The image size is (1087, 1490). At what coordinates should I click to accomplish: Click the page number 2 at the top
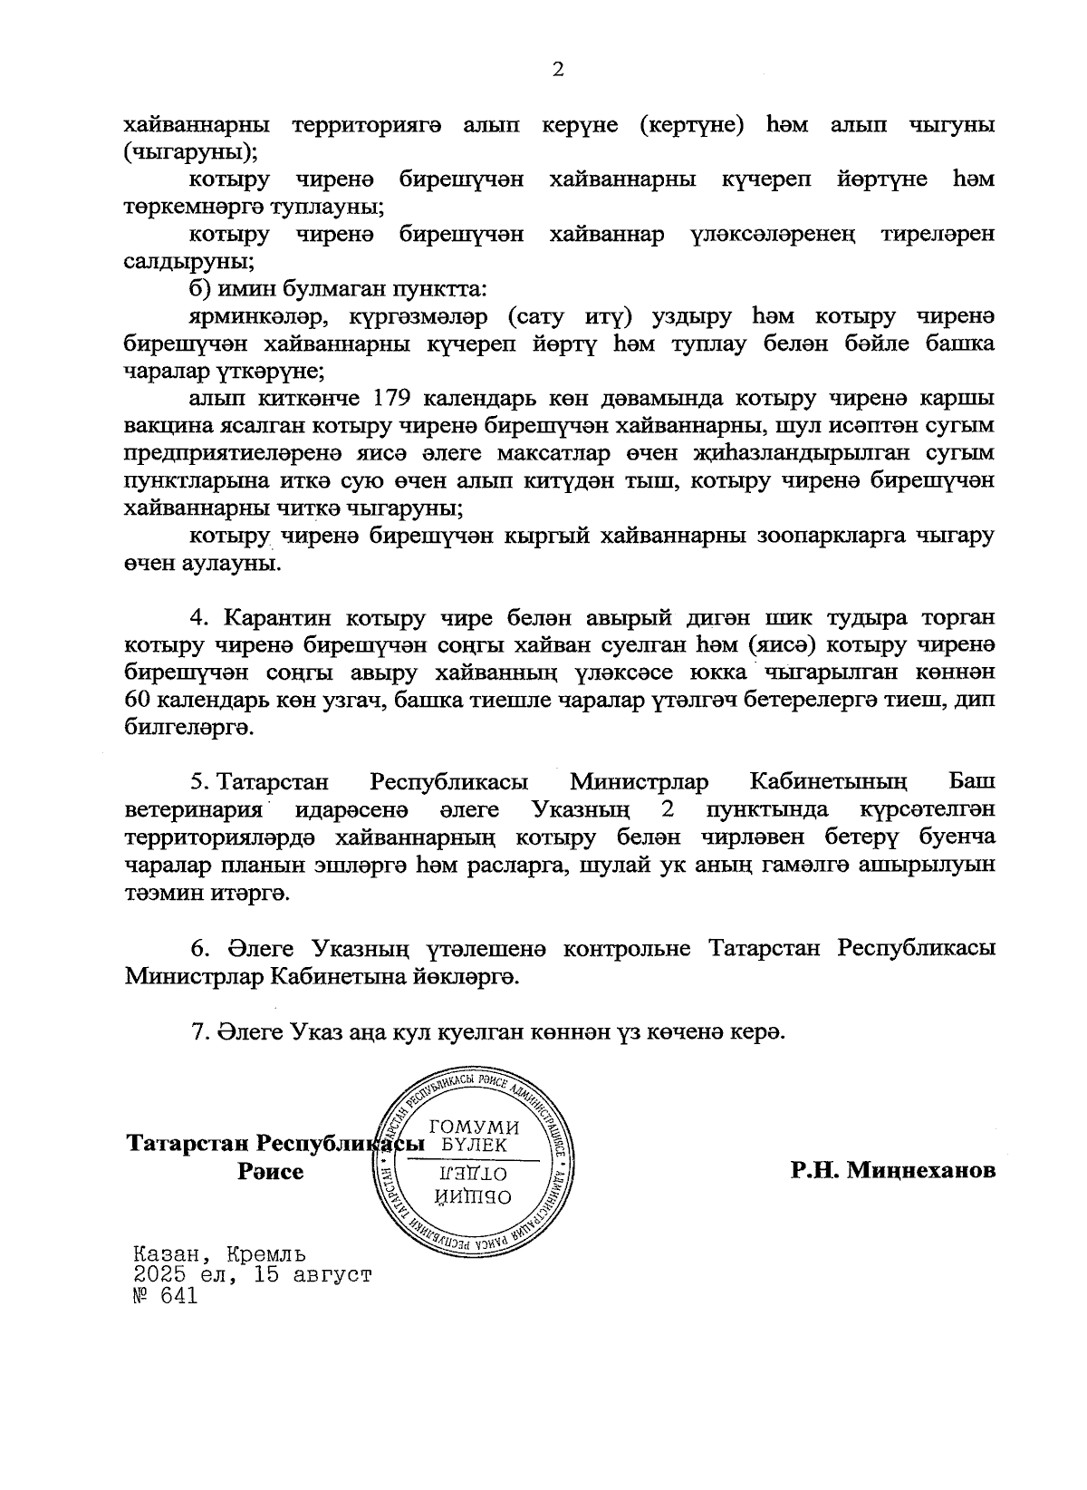click(558, 70)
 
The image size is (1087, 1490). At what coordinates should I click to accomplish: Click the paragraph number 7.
click(199, 1032)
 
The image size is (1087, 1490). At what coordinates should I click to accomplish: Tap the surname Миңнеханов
click(893, 1170)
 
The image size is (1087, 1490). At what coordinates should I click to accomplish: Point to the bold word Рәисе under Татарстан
click(271, 1171)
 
